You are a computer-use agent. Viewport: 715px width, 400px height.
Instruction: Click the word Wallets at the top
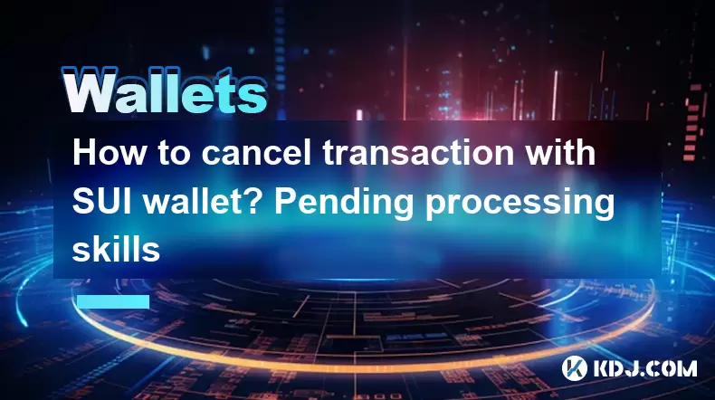[x=165, y=91]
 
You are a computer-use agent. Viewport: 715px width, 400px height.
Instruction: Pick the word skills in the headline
[x=116, y=250]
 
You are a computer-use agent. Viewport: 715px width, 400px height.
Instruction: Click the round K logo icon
[x=574, y=368]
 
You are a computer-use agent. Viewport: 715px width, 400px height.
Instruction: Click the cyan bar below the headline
[x=113, y=301]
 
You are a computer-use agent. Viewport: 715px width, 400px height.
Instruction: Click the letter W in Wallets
[x=88, y=91]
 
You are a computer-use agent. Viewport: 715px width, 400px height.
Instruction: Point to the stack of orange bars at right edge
[x=692, y=122]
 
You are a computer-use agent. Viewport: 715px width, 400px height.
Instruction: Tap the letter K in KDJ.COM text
[x=601, y=368]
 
